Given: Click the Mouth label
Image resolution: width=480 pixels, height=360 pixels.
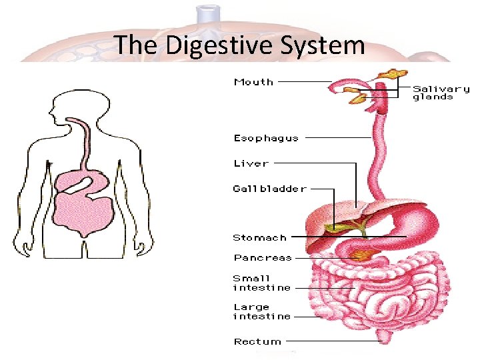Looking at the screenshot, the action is (253, 82).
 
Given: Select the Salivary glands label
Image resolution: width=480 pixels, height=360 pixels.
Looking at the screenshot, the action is (441, 93).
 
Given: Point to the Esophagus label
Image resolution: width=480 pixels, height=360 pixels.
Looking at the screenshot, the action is (265, 138).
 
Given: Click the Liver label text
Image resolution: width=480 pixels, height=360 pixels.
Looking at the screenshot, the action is (251, 163).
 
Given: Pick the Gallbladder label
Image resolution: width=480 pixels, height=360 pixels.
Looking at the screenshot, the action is (269, 189).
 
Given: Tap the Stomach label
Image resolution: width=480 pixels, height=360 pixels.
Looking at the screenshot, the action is (259, 237).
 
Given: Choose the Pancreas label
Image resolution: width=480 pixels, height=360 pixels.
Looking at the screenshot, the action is (262, 257).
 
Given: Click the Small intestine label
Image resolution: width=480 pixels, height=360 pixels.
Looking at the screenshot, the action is (261, 283).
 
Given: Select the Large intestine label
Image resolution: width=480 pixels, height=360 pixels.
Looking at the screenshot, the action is (261, 312).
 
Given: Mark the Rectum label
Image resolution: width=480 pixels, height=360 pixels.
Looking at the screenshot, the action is (257, 341).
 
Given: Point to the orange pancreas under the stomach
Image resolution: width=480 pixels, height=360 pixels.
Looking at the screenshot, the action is (364, 253).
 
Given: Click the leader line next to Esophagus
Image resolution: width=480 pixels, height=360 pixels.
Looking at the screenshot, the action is (337, 138).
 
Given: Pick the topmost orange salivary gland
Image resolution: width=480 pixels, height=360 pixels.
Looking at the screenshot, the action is (398, 72).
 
